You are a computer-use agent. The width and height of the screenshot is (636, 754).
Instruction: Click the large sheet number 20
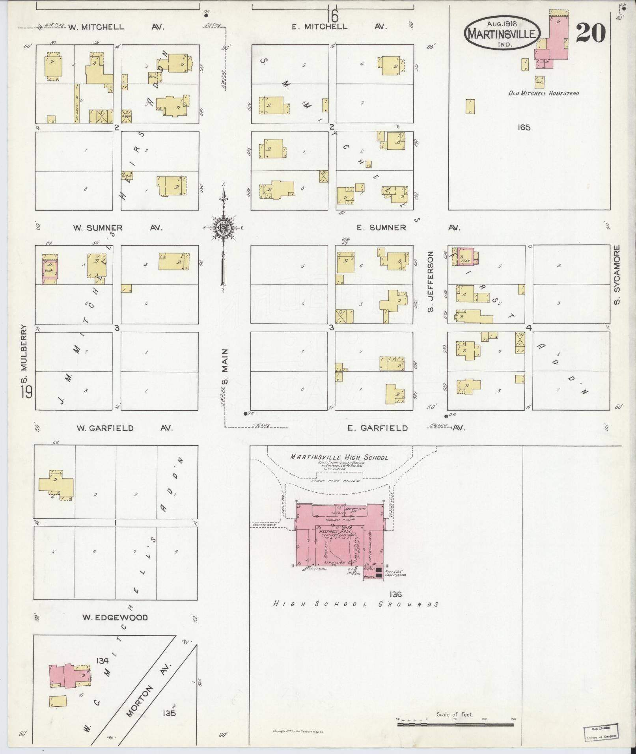590,34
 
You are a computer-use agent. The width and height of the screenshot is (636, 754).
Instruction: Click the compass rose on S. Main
223,228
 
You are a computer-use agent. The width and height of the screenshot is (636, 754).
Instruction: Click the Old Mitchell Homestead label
543,93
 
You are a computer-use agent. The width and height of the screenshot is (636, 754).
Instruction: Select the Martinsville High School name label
339,458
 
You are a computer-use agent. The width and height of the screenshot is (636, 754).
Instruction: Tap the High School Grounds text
356,604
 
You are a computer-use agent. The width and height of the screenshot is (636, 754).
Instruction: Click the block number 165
524,127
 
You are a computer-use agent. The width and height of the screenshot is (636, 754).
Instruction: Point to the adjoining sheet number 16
332,17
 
